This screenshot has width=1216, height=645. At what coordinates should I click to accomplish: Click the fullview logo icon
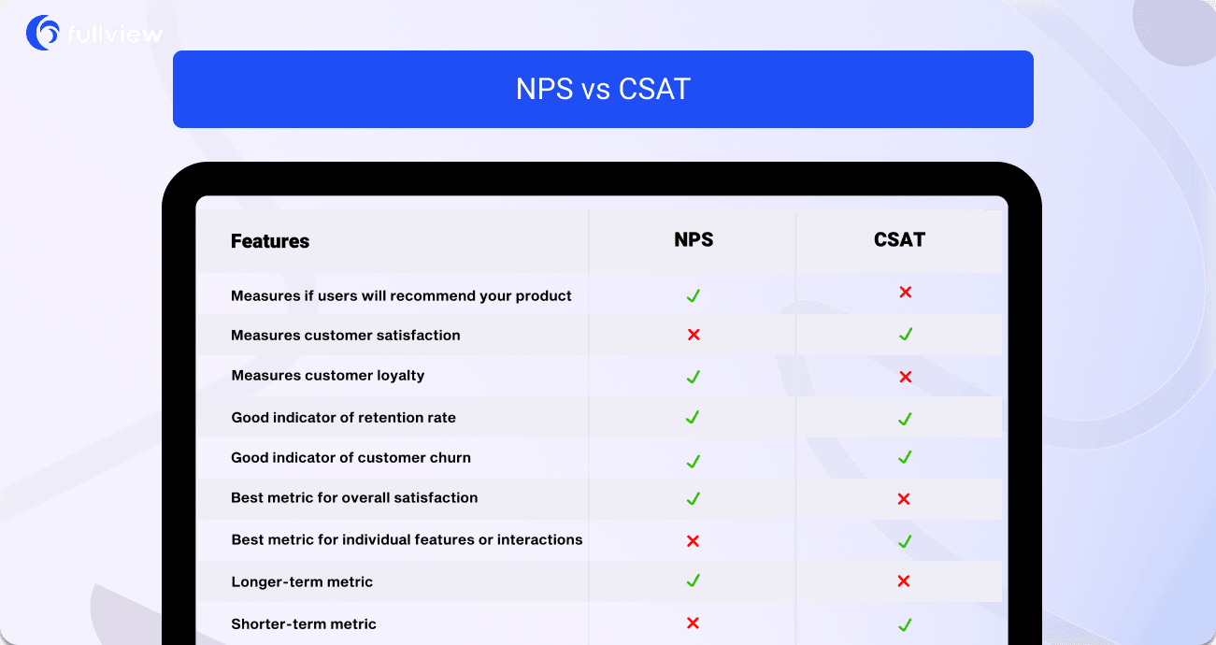(42, 33)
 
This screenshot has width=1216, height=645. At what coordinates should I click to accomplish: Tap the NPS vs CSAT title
(603, 89)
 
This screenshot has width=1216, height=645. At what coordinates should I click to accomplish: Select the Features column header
(270, 241)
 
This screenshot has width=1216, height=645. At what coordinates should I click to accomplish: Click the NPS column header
(694, 240)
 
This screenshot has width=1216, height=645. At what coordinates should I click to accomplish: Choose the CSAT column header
(899, 240)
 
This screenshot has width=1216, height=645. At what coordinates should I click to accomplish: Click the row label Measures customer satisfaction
(346, 335)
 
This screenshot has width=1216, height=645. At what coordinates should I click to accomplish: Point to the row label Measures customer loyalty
(328, 375)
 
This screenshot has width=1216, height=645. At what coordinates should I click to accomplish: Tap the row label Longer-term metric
(302, 581)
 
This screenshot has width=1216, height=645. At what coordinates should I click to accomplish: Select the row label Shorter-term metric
(304, 623)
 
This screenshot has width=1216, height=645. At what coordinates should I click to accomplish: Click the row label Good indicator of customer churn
(351, 457)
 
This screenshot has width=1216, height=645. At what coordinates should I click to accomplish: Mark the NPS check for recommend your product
(694, 295)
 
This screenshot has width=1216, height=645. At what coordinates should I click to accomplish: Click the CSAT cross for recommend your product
(905, 292)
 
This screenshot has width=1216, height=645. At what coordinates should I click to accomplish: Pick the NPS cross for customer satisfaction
(694, 335)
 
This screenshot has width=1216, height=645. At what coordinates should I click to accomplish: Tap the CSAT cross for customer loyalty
(905, 377)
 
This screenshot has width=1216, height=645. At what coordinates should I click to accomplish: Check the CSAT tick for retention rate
(905, 419)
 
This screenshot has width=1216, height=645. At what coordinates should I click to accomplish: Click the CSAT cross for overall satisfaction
(904, 499)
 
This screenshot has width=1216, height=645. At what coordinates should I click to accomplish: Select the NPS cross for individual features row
(693, 540)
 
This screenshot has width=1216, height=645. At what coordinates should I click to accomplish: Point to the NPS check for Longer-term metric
(693, 580)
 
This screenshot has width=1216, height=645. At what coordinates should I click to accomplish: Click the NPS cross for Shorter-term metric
(693, 623)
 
